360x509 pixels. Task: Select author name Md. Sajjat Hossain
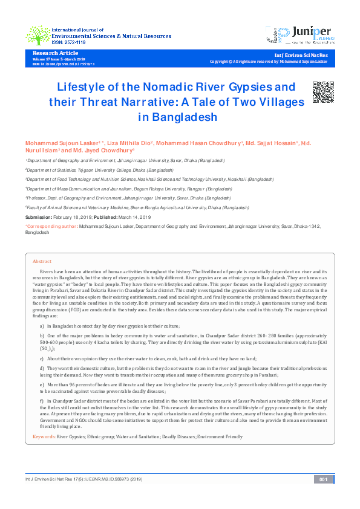point(269,144)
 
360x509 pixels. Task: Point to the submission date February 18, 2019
point(71,216)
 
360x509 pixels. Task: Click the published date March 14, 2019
point(134,216)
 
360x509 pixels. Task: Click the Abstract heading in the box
point(42,261)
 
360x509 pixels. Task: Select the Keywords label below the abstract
point(44,435)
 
